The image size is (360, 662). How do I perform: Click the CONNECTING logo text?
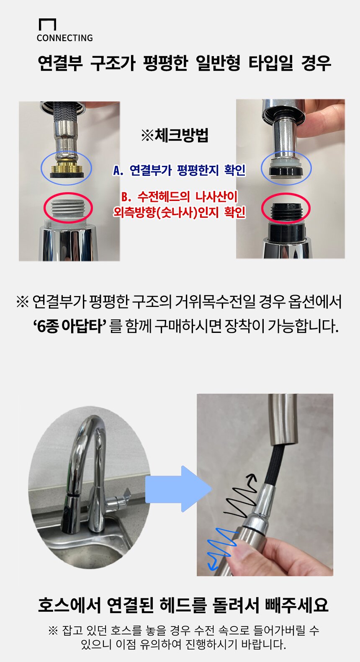coord(65,38)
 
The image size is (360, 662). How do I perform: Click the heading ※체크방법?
coord(175,135)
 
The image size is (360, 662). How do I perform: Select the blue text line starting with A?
coord(179,170)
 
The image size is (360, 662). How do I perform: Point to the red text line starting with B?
coord(179,204)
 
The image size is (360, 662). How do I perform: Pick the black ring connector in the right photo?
coord(286,172)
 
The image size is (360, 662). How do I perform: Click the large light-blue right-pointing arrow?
coord(178,489)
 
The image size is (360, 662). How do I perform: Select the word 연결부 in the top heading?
coord(60,63)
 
